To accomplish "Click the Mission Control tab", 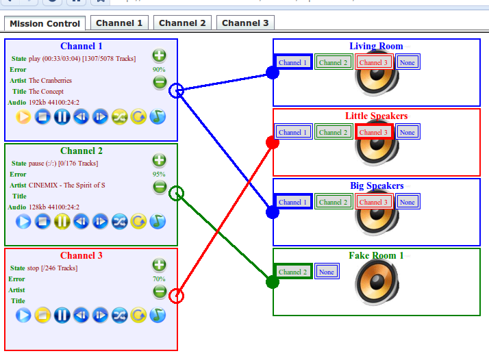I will (x=45, y=23).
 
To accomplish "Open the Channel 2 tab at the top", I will (x=182, y=23).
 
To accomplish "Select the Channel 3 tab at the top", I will (x=245, y=23).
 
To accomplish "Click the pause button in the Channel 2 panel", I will (x=62, y=221).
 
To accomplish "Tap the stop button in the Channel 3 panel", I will (x=42, y=315).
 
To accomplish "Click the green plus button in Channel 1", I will (x=159, y=55).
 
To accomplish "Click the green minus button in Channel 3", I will (x=159, y=292).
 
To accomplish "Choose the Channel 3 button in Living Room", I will (x=374, y=62).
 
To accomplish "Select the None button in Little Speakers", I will (x=407, y=132).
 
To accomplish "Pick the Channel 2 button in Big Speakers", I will (x=334, y=202).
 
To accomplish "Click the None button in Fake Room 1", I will (x=327, y=272).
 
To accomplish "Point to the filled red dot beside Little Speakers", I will (x=273, y=142).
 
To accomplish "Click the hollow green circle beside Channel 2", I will (x=176, y=193).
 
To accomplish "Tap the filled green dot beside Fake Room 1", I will (x=273, y=282).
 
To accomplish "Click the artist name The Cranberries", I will (x=50, y=81).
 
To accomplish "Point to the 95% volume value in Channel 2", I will (x=159, y=174).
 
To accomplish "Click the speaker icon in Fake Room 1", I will (x=376, y=283).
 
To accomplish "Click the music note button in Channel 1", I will (x=158, y=116).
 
